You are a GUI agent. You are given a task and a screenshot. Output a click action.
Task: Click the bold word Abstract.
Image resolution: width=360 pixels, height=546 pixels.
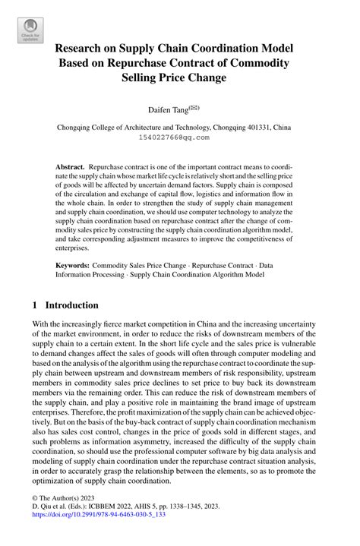pos(70,166)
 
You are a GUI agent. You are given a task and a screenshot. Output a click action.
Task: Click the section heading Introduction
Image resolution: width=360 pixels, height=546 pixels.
pos(72,305)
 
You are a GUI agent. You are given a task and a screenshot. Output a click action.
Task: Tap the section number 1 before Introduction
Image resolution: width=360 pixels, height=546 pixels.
pos(36,305)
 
